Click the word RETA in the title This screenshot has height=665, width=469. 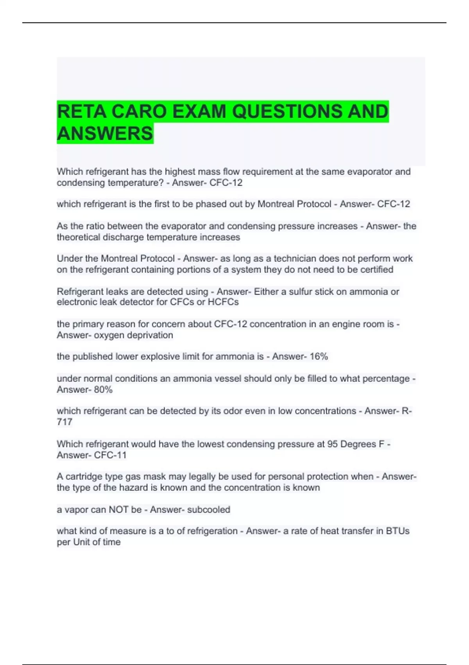81,111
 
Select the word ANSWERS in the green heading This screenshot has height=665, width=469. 105,133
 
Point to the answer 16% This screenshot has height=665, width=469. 319,356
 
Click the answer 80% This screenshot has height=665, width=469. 103,390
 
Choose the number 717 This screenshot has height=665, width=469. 64,422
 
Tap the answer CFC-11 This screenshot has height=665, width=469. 110,455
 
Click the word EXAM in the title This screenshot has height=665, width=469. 199,111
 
